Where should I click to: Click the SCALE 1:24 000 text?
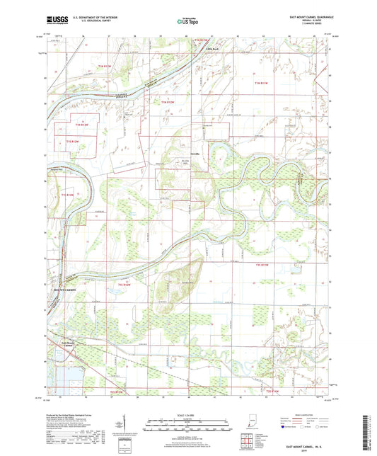[x=188, y=415]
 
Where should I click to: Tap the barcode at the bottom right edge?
[x=367, y=432]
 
